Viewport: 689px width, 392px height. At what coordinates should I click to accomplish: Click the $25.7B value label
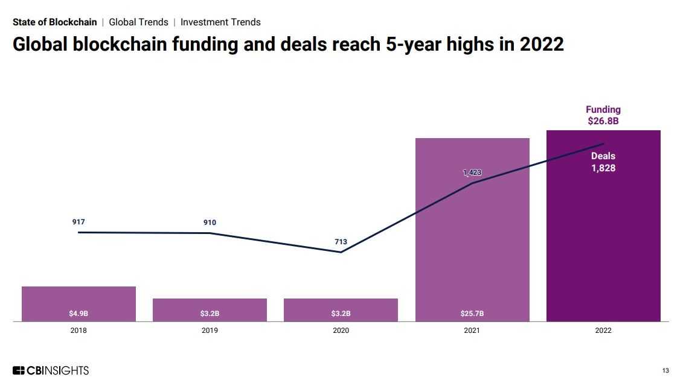tap(472, 314)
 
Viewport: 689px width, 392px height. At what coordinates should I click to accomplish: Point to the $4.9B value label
tap(79, 314)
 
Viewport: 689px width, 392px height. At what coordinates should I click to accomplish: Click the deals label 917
tap(79, 222)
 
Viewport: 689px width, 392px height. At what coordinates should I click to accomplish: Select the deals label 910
tap(210, 223)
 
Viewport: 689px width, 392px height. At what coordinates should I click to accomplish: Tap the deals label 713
tap(341, 242)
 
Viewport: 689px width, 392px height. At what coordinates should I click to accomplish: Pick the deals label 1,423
tap(472, 172)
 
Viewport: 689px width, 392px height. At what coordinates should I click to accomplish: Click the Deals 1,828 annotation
tap(603, 162)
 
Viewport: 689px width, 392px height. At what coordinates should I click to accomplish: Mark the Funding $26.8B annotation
tap(603, 115)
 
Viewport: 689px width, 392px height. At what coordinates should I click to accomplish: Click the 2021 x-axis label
tap(472, 330)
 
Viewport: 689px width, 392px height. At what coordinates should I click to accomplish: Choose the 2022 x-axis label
tap(603, 330)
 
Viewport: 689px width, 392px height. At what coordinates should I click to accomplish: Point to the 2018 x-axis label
tap(79, 330)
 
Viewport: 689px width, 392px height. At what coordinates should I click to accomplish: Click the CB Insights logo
tap(51, 370)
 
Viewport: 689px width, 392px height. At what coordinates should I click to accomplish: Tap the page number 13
tap(665, 371)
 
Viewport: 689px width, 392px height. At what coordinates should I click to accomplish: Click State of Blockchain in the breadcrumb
tap(55, 22)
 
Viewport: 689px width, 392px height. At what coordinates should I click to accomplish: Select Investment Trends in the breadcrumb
tap(220, 22)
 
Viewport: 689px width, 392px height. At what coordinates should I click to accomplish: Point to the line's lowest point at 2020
tap(341, 252)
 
